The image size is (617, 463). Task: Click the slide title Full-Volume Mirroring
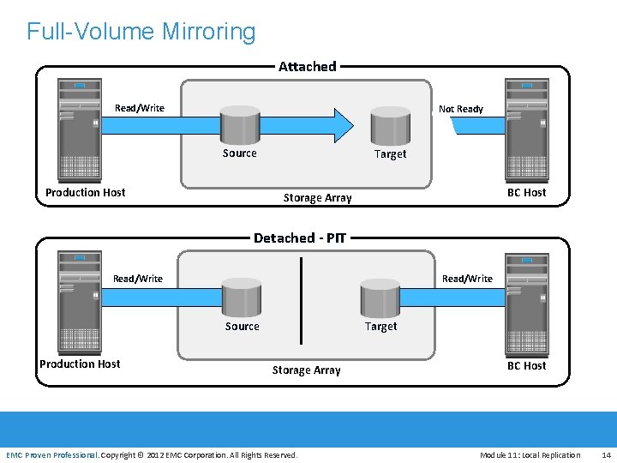pos(141,32)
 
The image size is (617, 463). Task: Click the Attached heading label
pos(307,66)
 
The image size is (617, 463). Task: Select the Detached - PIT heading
pos(300,238)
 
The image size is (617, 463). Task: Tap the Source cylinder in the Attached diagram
pos(239,125)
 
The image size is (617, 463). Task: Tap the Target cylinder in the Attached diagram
pos(391,125)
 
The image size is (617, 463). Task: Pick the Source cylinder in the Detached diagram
pos(242,298)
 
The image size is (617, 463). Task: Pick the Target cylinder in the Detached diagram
pos(380,298)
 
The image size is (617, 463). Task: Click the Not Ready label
pos(461,109)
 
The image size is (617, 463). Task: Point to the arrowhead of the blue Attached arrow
pos(342,125)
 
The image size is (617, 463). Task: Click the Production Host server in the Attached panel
pos(79,128)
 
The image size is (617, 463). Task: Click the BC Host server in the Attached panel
pos(526,128)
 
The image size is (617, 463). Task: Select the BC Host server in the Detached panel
pos(526,301)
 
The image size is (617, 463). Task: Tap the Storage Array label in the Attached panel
pos(317,198)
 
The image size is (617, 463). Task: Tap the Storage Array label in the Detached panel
pos(306,370)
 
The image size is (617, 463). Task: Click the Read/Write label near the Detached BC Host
pos(467,279)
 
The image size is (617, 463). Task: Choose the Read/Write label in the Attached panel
pos(140,108)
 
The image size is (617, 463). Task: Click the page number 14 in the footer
pos(606,454)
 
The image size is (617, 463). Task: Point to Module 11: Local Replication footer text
pos(530,454)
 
